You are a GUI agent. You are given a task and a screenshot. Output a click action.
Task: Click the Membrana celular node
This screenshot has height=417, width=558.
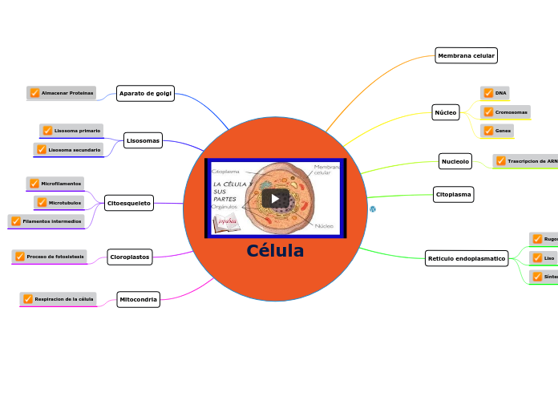[466, 55]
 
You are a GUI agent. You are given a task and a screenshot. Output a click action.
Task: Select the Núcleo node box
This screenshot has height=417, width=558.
[445, 112]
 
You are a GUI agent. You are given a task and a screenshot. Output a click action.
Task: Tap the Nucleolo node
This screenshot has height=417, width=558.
[455, 161]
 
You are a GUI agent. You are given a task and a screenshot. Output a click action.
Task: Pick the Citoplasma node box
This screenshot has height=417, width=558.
[453, 194]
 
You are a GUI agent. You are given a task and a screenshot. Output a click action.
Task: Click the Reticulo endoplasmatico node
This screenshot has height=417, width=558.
[466, 258]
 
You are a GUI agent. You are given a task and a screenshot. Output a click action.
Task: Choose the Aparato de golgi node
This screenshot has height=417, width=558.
[145, 93]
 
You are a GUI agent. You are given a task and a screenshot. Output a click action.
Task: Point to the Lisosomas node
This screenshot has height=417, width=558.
[143, 140]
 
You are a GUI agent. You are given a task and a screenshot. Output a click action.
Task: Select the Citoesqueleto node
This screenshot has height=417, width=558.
[129, 203]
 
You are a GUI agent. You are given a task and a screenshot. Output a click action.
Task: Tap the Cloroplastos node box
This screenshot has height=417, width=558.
[130, 257]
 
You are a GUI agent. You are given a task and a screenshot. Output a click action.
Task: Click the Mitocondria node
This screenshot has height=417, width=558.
[138, 299]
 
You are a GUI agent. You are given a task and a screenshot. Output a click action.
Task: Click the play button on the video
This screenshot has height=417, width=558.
[275, 198]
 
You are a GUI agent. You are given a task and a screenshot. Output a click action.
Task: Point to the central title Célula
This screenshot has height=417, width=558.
[275, 251]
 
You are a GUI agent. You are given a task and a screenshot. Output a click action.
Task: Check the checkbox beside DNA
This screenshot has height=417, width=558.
[488, 93]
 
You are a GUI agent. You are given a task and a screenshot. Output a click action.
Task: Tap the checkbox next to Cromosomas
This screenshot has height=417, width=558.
[488, 112]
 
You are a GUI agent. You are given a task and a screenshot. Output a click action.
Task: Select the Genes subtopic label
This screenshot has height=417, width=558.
[503, 131]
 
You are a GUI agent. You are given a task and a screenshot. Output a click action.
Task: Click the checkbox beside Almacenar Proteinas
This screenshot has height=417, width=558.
[34, 93]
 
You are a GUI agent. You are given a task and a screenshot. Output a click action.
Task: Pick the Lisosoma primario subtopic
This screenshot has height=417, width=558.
[77, 130]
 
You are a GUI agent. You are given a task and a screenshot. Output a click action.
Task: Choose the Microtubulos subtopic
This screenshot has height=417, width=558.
[65, 203]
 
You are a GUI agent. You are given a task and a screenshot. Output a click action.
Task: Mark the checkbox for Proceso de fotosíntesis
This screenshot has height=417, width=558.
[20, 257]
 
